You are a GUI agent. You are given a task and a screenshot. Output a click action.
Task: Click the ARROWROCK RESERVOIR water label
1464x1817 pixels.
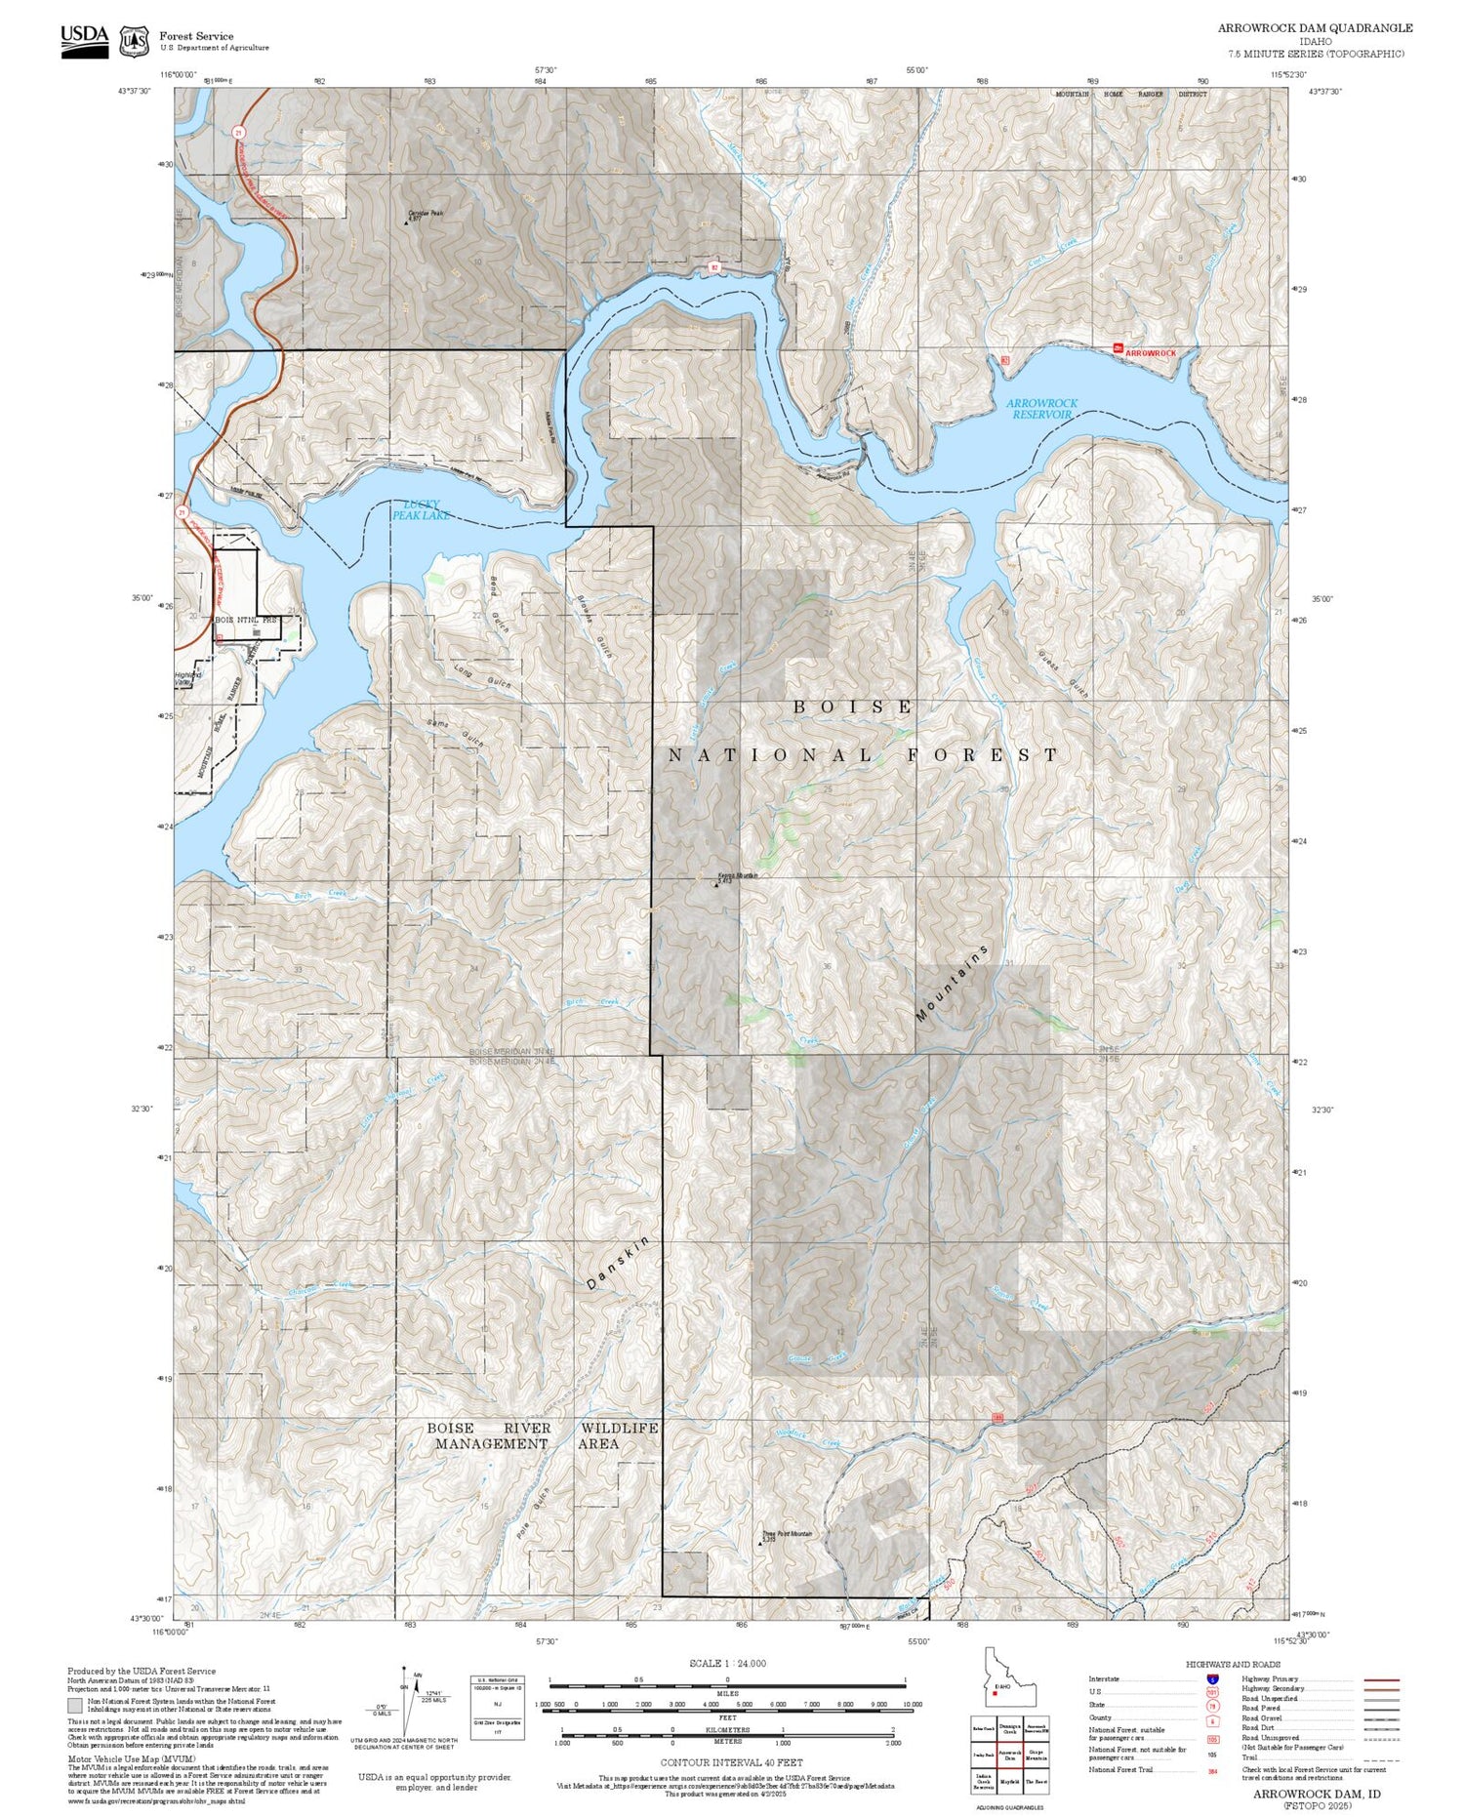point(1041,409)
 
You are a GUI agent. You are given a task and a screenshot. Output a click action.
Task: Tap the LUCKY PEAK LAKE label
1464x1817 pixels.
point(420,509)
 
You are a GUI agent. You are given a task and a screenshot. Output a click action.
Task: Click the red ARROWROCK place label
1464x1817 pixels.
point(1150,352)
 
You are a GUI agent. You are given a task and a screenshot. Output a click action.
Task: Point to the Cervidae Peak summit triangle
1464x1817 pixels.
point(406,222)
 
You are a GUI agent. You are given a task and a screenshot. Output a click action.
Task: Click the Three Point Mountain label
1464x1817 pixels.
point(787,1534)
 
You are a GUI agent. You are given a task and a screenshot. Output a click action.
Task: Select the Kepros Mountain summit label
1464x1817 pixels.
point(737,875)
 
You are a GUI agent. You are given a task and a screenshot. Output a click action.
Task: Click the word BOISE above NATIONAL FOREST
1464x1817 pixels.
point(853,707)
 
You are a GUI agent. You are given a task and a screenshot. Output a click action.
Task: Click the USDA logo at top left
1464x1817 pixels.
point(84,40)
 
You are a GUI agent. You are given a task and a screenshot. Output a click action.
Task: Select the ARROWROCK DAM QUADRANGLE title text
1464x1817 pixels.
point(1314,28)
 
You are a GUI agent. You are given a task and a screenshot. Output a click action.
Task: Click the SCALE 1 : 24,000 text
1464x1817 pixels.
point(727,1664)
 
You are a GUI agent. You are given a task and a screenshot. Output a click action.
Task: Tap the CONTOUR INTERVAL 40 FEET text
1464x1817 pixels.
point(731,1762)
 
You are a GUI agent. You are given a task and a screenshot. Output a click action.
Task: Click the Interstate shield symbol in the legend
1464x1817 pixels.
point(1212,1678)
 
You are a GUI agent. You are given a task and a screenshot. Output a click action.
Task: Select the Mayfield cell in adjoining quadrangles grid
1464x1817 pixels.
point(1009,1782)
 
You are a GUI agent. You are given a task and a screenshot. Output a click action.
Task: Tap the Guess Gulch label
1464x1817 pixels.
point(1063,673)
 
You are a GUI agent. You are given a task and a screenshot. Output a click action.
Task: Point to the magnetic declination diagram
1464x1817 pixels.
point(410,1703)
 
